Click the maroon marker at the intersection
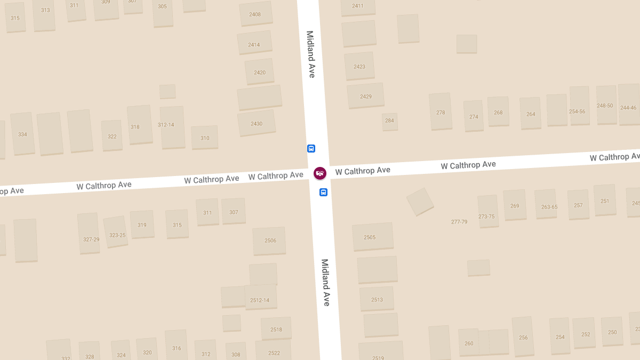[x=320, y=173]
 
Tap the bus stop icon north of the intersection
[x=311, y=149]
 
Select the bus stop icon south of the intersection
[x=323, y=192]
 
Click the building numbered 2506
[x=269, y=241]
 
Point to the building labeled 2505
[x=372, y=237]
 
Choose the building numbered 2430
[x=257, y=123]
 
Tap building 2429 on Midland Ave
[x=366, y=96]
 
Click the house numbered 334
[x=22, y=133]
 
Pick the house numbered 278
[x=441, y=111]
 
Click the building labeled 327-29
[x=89, y=234]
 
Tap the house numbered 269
[x=515, y=205]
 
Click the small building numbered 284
[x=390, y=121]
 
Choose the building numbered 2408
[x=255, y=14]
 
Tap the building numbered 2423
[x=359, y=66]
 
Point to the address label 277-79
[x=459, y=221]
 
